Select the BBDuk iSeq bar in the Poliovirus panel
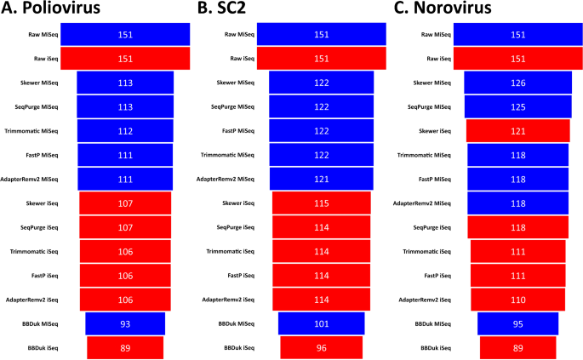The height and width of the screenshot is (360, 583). pyautogui.click(x=125, y=348)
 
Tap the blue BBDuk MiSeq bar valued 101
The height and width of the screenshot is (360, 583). pyautogui.click(x=321, y=324)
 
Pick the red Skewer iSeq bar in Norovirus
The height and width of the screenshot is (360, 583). pyautogui.click(x=517, y=130)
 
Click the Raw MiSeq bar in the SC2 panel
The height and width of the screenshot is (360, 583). pyautogui.click(x=321, y=34)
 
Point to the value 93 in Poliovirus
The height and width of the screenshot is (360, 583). pyautogui.click(x=125, y=324)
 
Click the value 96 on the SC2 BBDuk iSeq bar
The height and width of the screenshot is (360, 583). pyautogui.click(x=321, y=348)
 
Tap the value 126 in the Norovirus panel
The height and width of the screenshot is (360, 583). pyautogui.click(x=517, y=83)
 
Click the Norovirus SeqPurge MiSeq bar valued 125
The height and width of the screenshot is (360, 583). pyautogui.click(x=517, y=106)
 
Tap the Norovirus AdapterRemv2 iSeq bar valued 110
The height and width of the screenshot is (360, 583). pyautogui.click(x=517, y=300)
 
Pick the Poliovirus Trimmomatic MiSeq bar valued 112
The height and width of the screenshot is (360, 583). pyautogui.click(x=125, y=130)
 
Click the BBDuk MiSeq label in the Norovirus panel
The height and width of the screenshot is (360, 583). pyautogui.click(x=431, y=324)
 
